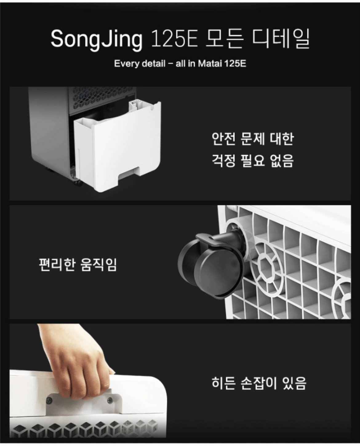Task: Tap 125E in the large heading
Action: [174, 39]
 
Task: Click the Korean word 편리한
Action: [57, 265]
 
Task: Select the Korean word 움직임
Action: [98, 265]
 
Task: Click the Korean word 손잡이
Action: [259, 383]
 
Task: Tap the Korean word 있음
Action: [294, 383]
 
